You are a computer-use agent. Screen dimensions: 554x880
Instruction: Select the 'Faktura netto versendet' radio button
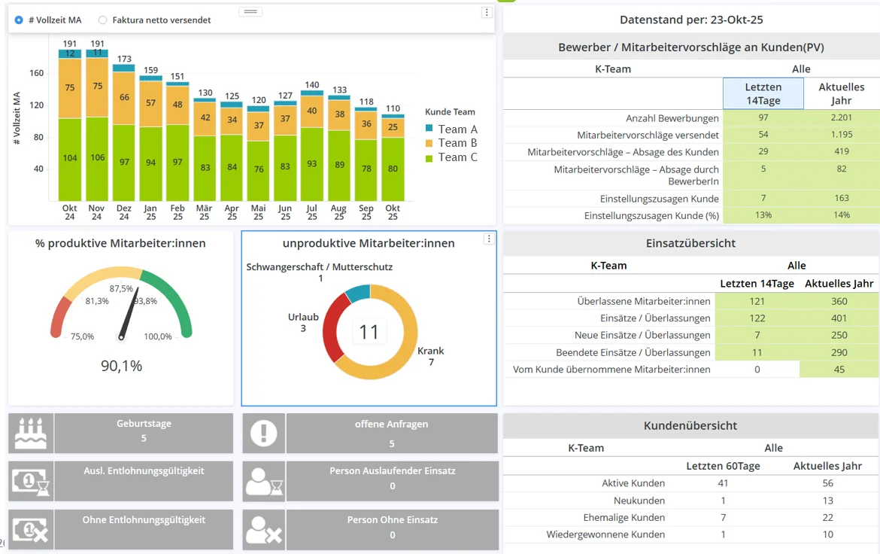pyautogui.click(x=103, y=20)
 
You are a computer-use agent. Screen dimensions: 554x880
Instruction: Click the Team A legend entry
pyautogui.click(x=457, y=129)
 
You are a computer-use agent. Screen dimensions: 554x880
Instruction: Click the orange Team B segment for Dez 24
pyautogui.click(x=124, y=98)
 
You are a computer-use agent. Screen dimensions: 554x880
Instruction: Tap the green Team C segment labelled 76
pyautogui.click(x=259, y=169)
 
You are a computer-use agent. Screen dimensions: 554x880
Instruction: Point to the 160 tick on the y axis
pyautogui.click(x=36, y=73)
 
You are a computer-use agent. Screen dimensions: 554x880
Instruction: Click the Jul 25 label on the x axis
pyautogui.click(x=312, y=212)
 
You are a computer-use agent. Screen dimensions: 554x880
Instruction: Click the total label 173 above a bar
pyautogui.click(x=124, y=59)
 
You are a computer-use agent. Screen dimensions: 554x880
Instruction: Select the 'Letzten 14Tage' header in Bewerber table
pyautogui.click(x=763, y=93)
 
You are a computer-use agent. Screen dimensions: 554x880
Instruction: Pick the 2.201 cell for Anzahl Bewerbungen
pyautogui.click(x=842, y=118)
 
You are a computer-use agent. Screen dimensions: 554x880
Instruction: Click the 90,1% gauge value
pyautogui.click(x=121, y=366)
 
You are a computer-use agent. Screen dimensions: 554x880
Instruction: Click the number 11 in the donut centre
pyautogui.click(x=369, y=332)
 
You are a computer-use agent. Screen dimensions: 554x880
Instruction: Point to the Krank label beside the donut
pyautogui.click(x=431, y=351)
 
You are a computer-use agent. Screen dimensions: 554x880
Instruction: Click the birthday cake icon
pyautogui.click(x=31, y=433)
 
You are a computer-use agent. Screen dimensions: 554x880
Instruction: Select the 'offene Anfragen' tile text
pyautogui.click(x=391, y=425)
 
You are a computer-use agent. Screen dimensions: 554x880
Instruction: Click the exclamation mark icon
pyautogui.click(x=263, y=433)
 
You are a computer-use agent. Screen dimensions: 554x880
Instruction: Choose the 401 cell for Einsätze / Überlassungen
pyautogui.click(x=839, y=318)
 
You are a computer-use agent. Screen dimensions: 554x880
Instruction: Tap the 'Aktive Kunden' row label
pyautogui.click(x=633, y=483)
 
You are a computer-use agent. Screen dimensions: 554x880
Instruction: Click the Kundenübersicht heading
pyautogui.click(x=690, y=426)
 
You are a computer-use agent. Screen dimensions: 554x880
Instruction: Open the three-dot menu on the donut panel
pyautogui.click(x=489, y=239)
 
